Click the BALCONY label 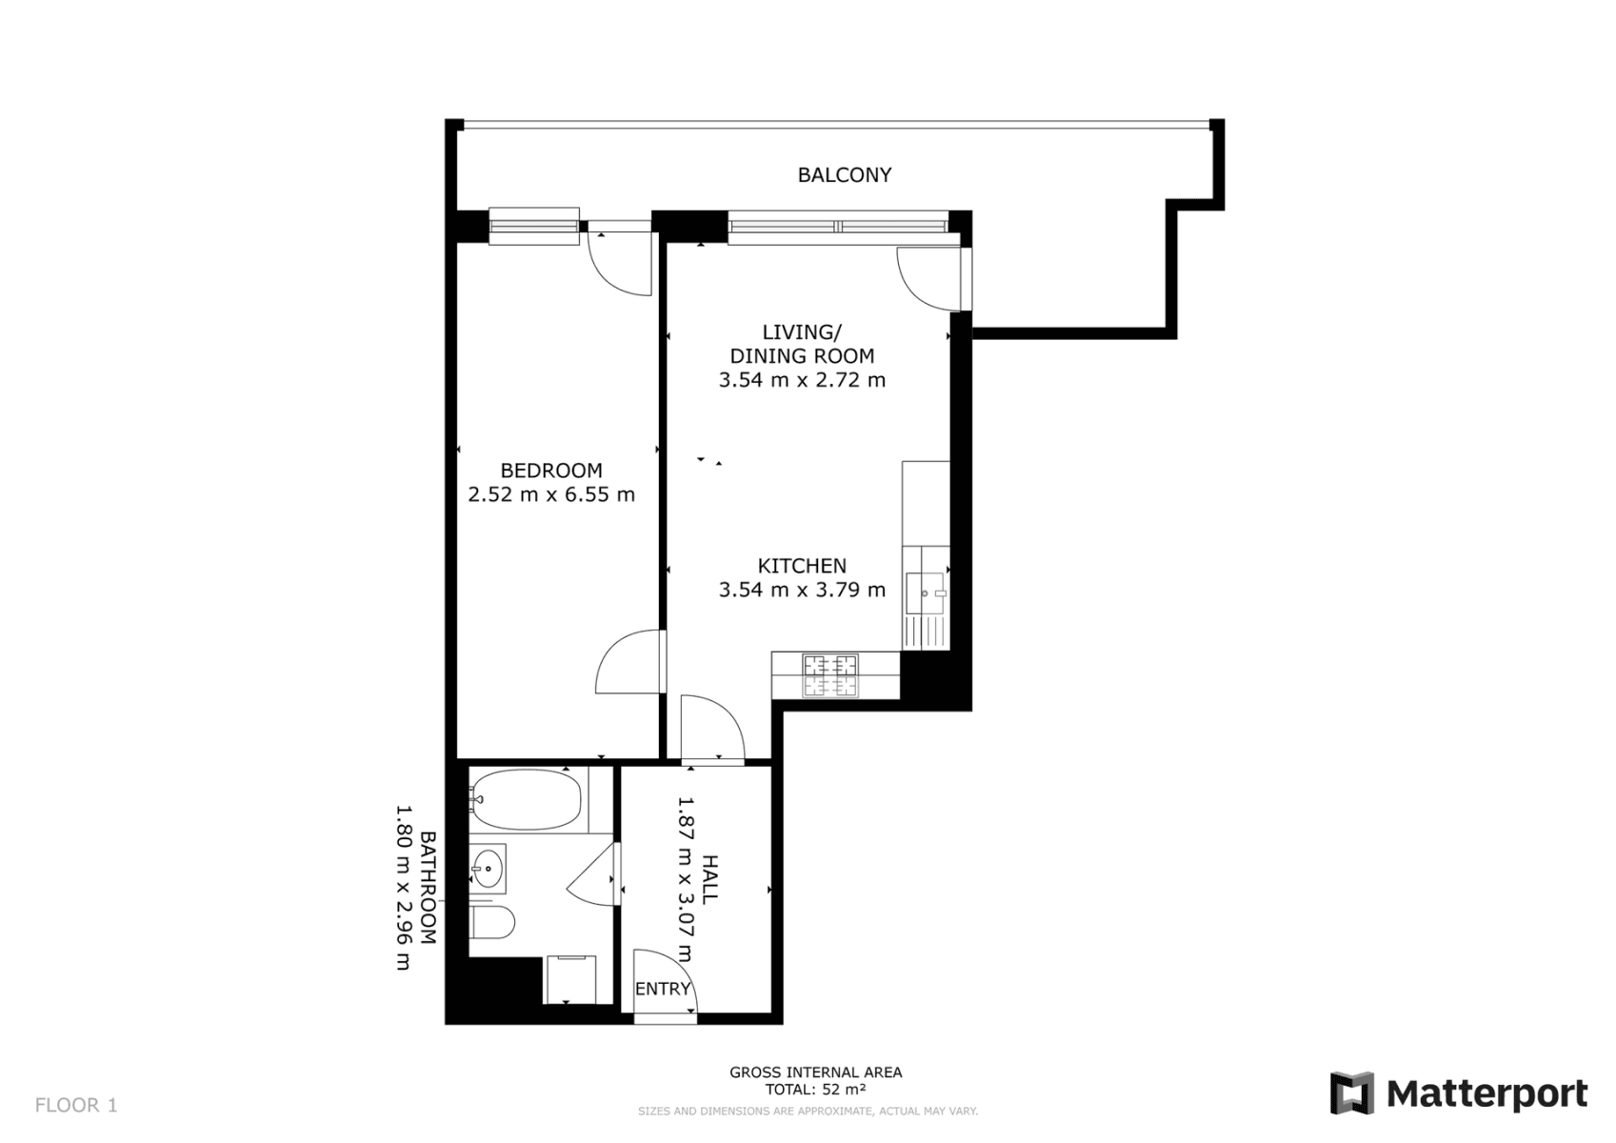(x=844, y=175)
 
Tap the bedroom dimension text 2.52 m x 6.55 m (x=551, y=494)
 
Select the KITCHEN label (x=802, y=566)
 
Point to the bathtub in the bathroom (x=526, y=798)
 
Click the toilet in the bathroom (x=492, y=922)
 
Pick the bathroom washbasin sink (x=489, y=868)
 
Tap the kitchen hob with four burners (x=830, y=675)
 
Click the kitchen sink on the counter (x=925, y=592)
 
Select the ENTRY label (x=662, y=989)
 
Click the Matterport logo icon (x=1352, y=1093)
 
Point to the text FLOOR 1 (x=76, y=1105)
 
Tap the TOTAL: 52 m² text (x=815, y=1090)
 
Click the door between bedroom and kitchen (x=628, y=663)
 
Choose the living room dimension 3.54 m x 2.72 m (x=802, y=380)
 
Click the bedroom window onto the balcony (x=534, y=226)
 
